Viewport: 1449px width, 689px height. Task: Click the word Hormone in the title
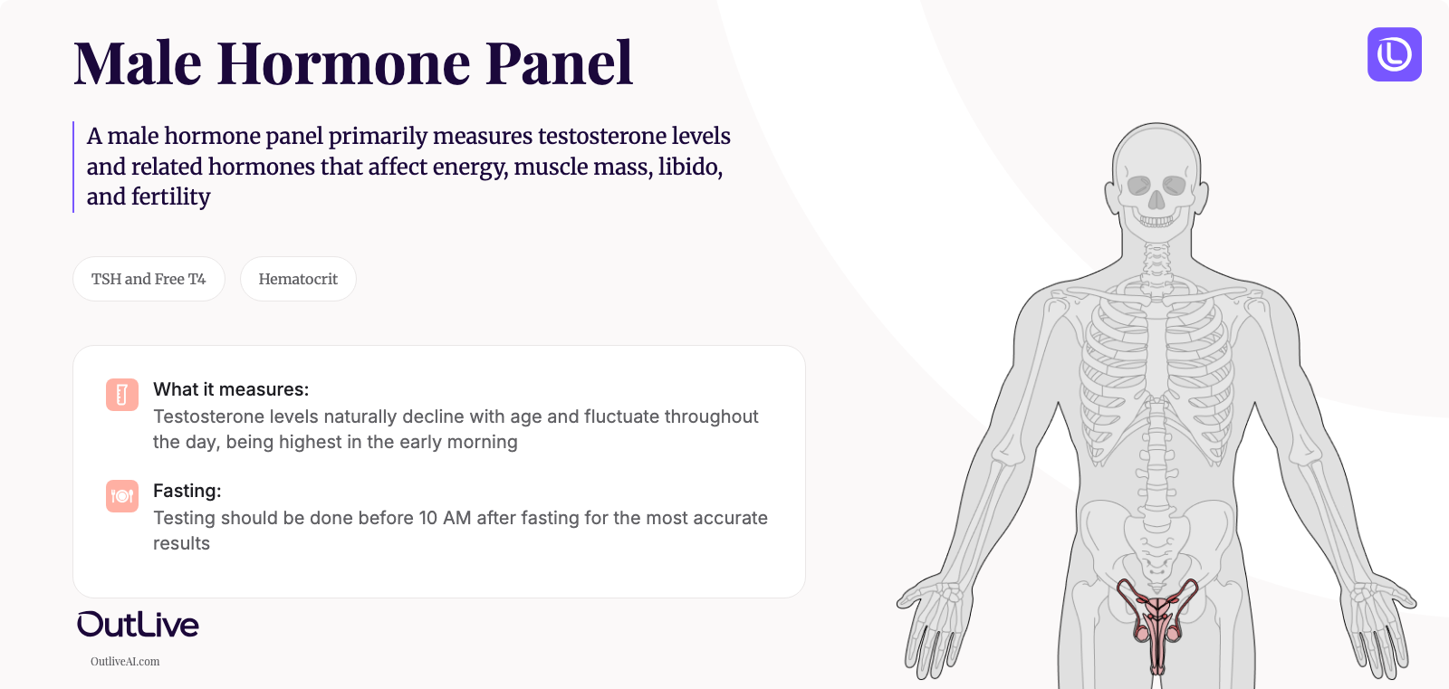point(342,63)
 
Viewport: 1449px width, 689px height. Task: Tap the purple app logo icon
point(1394,54)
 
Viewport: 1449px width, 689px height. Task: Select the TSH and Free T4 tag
point(149,279)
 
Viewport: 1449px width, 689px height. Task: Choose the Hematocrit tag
point(298,279)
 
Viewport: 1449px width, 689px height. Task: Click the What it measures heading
point(231,389)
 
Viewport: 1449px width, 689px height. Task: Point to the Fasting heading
point(187,491)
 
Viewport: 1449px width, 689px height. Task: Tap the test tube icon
point(122,395)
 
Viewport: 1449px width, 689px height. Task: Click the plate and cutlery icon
point(122,496)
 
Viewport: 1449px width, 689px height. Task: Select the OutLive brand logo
point(138,624)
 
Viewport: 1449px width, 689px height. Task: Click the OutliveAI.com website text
point(125,662)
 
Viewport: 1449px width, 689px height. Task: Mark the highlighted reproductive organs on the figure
point(1157,621)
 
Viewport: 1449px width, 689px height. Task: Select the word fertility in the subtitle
point(170,196)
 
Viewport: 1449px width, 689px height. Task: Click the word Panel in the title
point(559,63)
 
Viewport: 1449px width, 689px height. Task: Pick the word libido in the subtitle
point(689,167)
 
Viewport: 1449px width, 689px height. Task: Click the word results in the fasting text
point(181,543)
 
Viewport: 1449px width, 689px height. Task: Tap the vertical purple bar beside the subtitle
point(73,167)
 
